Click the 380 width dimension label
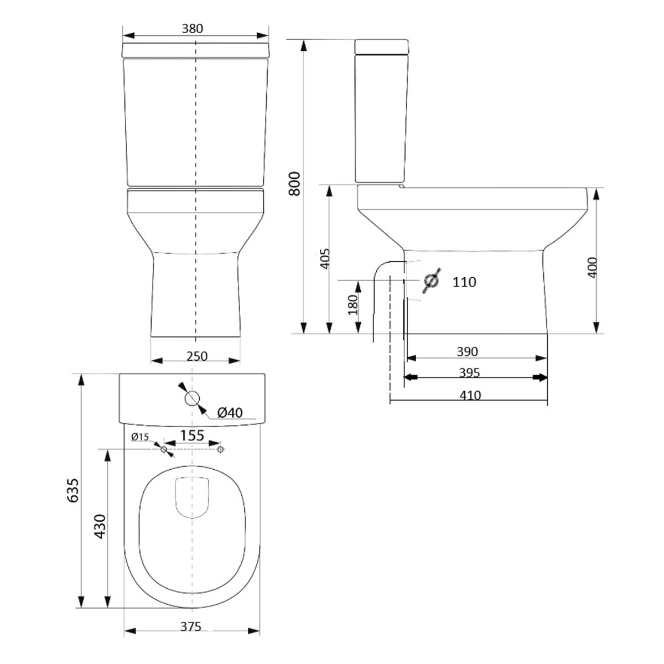(193, 29)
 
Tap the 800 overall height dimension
(295, 183)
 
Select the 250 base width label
(197, 356)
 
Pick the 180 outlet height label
(352, 305)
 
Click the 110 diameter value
(464, 282)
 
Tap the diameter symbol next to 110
(431, 281)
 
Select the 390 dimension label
(468, 351)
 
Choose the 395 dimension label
(469, 373)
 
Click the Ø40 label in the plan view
(230, 412)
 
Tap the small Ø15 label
(141, 437)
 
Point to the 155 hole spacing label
(192, 435)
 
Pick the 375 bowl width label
(190, 627)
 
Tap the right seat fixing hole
(220, 450)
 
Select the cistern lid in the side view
(382, 46)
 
